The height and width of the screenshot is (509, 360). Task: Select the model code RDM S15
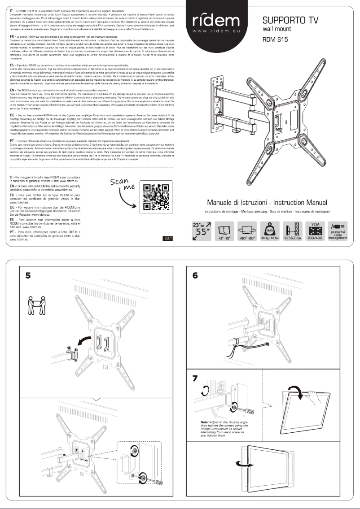pyautogui.click(x=275, y=39)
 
